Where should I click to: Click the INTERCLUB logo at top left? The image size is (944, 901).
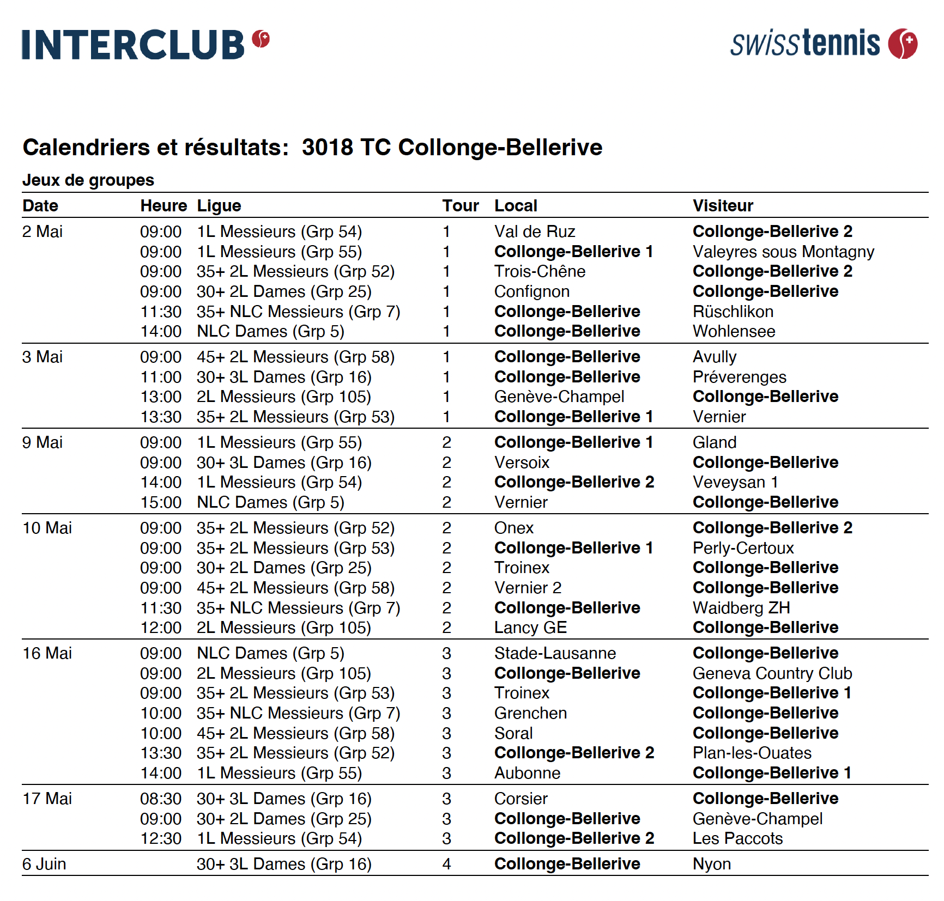pyautogui.click(x=146, y=44)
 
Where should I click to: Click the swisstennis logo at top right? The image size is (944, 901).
pyautogui.click(x=823, y=44)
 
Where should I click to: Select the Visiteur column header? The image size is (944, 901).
pyautogui.click(x=723, y=206)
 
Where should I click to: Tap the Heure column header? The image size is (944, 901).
pyautogui.click(x=164, y=206)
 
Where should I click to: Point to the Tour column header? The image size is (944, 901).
pyautogui.click(x=460, y=206)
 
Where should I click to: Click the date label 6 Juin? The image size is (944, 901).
pyautogui.click(x=44, y=864)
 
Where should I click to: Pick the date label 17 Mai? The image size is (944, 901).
pyautogui.click(x=47, y=799)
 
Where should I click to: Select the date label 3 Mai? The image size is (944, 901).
pyautogui.click(x=43, y=357)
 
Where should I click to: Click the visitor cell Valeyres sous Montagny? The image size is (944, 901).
pyautogui.click(x=783, y=252)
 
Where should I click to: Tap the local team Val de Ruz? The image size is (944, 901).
pyautogui.click(x=534, y=232)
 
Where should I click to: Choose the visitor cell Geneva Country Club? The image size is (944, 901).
pyautogui.click(x=772, y=673)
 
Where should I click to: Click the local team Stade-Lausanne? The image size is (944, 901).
pyautogui.click(x=555, y=653)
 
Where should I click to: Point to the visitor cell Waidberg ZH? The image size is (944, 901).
pyautogui.click(x=741, y=608)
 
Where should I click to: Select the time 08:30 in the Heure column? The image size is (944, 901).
pyautogui.click(x=161, y=799)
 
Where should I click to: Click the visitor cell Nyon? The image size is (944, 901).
pyautogui.click(x=711, y=864)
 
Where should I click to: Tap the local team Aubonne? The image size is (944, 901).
pyautogui.click(x=527, y=773)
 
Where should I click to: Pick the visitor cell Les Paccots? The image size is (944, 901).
pyautogui.click(x=737, y=838)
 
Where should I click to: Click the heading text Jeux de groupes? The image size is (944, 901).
pyautogui.click(x=88, y=180)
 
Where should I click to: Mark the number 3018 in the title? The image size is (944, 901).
pyautogui.click(x=327, y=148)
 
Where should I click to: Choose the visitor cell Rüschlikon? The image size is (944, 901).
pyautogui.click(x=733, y=312)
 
